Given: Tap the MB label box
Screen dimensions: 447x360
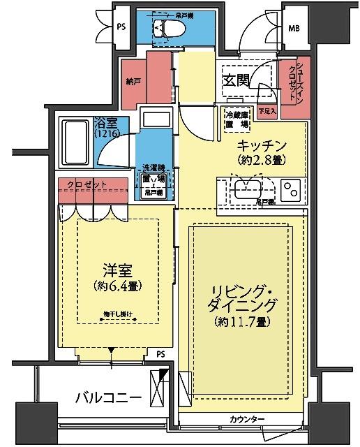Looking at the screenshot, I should [296, 29].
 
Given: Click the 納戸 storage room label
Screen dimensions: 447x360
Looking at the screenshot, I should [133, 81].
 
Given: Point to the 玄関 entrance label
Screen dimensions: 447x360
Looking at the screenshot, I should [237, 79].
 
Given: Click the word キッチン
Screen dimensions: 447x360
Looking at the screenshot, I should [262, 145].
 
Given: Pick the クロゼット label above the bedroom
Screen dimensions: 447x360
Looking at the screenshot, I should [87, 184].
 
